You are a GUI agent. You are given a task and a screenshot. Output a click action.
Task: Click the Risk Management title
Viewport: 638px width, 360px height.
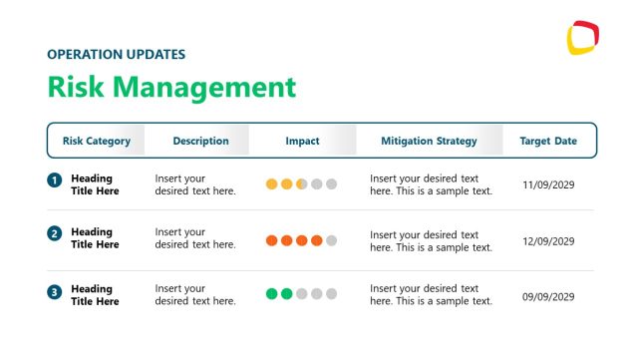tap(171, 87)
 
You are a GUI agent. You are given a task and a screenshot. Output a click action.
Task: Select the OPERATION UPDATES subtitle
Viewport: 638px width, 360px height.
tap(116, 54)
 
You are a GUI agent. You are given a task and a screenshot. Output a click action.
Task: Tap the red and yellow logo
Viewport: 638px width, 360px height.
tap(582, 39)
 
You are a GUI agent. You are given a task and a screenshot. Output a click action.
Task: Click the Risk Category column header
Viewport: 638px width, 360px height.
tap(97, 141)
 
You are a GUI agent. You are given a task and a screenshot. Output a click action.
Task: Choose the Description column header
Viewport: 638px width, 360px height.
tap(200, 141)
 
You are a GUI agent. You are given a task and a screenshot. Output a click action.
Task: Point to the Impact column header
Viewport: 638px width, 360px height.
tap(302, 141)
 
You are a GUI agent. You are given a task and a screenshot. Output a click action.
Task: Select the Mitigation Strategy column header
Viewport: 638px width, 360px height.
tap(429, 141)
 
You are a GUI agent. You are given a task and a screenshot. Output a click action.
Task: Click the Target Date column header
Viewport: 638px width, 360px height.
tap(548, 141)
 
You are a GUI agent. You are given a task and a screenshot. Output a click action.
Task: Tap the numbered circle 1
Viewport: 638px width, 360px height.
tap(54, 181)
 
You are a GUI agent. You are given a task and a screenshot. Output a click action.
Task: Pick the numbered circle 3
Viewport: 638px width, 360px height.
tap(54, 293)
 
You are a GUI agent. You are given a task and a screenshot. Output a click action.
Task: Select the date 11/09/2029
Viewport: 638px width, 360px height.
tap(549, 184)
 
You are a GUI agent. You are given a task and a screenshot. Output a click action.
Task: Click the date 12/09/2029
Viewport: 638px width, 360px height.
tap(549, 240)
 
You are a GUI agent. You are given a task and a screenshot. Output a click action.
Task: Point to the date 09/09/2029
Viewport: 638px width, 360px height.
tap(549, 296)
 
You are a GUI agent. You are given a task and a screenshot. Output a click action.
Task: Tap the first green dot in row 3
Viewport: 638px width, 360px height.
tap(271, 293)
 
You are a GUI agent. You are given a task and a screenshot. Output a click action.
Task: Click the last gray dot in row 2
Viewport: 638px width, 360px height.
tap(332, 240)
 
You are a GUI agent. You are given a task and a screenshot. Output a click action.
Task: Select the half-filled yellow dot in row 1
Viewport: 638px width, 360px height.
tap(301, 184)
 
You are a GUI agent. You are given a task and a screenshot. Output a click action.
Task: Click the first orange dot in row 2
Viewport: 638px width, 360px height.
tap(271, 240)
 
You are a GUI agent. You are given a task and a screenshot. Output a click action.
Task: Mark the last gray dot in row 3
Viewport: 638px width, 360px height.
tap(332, 293)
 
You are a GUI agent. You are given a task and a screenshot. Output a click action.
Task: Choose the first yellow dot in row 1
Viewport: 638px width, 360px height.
tap(271, 184)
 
